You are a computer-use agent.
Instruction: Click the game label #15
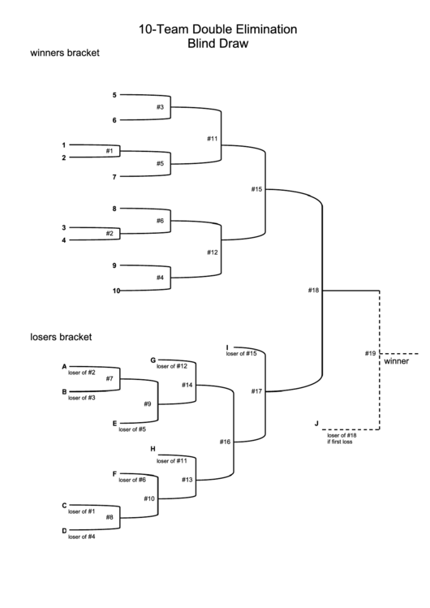[256, 189]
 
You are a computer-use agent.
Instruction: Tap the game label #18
[313, 290]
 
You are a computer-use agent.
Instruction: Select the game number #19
[370, 353]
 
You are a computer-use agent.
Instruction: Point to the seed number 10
[116, 291]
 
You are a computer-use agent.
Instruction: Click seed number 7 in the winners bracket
[114, 177]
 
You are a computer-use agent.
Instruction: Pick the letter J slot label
[316, 423]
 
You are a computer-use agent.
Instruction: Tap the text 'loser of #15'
[241, 354]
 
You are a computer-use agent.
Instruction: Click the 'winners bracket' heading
[65, 53]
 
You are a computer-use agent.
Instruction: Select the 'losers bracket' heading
[61, 337]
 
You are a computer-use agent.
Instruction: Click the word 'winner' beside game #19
[396, 361]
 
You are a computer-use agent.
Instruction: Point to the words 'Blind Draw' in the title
[217, 43]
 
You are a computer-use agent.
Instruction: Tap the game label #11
[213, 139]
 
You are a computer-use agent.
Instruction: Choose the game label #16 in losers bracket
[225, 442]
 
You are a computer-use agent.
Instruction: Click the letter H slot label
[153, 449]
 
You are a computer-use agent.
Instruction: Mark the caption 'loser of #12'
[172, 366]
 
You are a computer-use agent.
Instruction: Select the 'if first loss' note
[340, 442]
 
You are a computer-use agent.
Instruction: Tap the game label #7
[110, 378]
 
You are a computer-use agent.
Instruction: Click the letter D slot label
[64, 531]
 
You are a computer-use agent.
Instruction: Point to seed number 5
[114, 95]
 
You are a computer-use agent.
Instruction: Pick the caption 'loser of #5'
[132, 429]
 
